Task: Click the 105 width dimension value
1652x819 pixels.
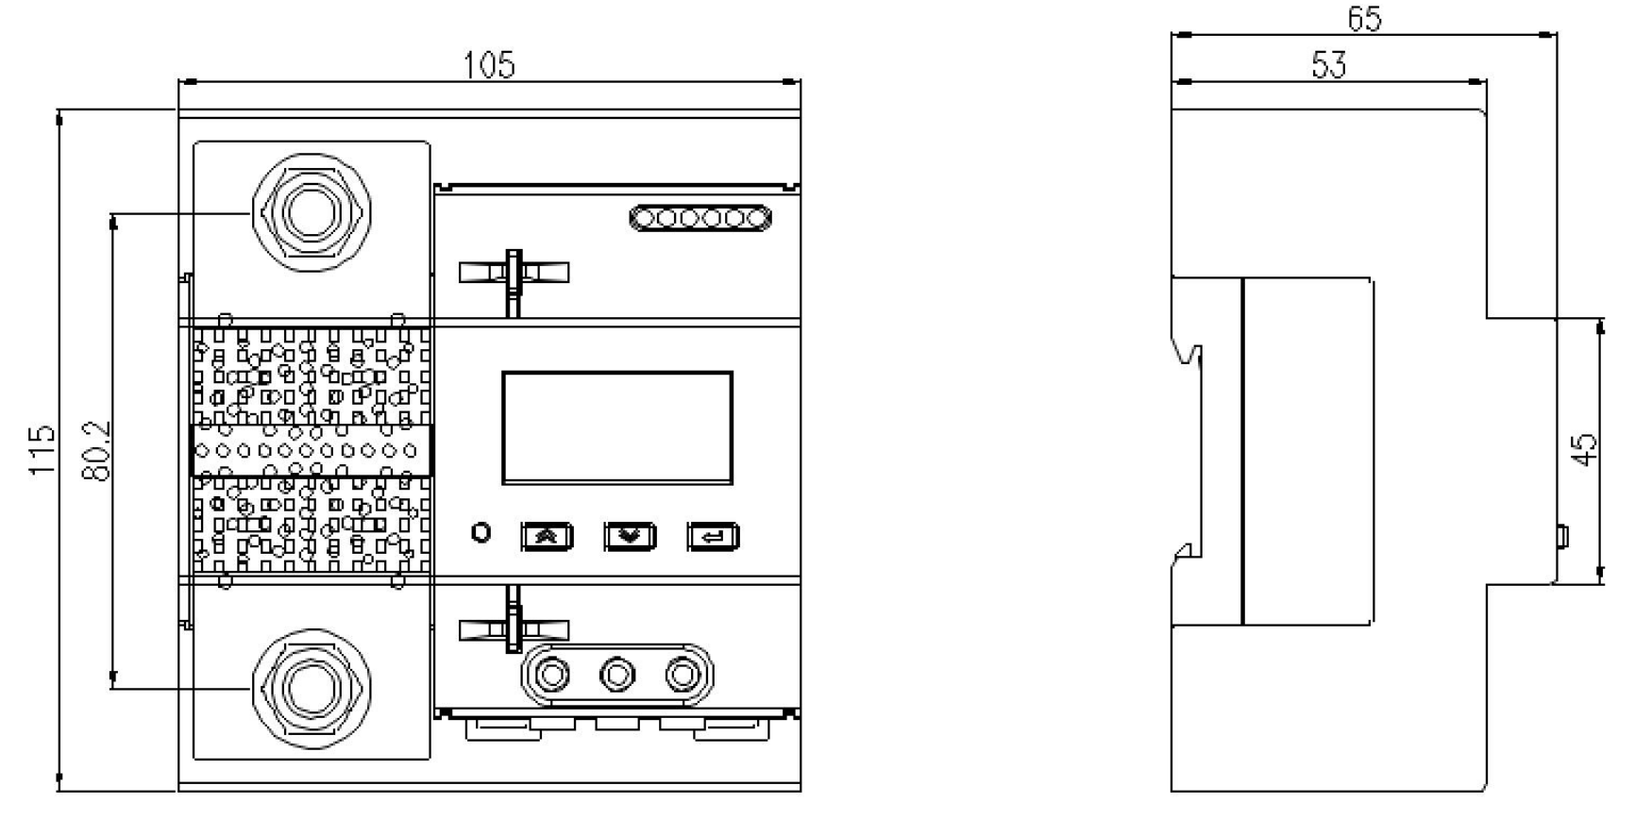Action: [489, 65]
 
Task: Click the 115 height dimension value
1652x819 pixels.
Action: [42, 450]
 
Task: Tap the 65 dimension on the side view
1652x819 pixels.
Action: [1364, 19]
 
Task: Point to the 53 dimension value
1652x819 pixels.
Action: [1329, 65]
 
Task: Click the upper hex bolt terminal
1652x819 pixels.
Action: [312, 212]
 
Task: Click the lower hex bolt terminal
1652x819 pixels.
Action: [312, 687]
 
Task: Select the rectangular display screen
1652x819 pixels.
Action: [617, 427]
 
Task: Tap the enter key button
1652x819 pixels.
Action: [713, 537]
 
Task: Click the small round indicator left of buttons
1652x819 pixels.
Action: [481, 533]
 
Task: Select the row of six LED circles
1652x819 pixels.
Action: [700, 219]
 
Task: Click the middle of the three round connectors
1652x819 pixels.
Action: [616, 675]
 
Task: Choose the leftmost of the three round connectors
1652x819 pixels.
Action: [552, 675]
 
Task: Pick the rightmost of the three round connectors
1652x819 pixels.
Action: [681, 675]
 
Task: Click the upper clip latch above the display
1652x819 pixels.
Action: [514, 273]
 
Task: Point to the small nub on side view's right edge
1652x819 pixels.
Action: [1561, 537]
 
